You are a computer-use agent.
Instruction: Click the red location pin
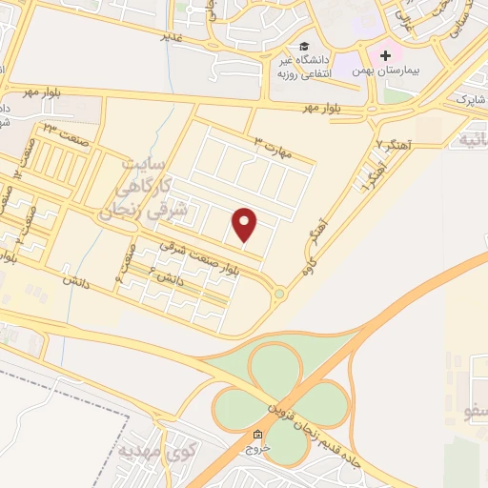click(245, 224)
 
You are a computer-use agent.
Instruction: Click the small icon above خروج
click(256, 434)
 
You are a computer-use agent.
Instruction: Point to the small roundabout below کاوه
click(279, 294)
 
